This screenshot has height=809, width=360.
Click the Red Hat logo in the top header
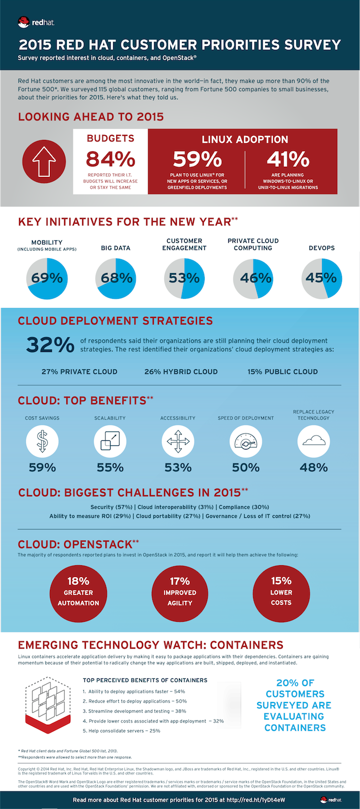(x=35, y=22)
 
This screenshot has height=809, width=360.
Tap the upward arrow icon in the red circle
(x=44, y=161)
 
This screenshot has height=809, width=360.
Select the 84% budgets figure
(x=111, y=159)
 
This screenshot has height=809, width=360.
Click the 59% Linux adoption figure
(x=197, y=159)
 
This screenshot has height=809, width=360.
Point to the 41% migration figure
(x=288, y=159)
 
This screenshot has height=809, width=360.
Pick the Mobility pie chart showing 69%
(x=47, y=278)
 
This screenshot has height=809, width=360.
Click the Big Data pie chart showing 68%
(x=116, y=278)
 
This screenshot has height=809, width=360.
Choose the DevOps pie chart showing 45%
(x=321, y=278)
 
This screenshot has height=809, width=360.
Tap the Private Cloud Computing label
(x=253, y=244)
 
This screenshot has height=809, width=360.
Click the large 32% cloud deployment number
(x=50, y=345)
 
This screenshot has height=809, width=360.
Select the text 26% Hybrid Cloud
(x=181, y=372)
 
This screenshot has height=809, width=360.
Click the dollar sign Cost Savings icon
(x=42, y=441)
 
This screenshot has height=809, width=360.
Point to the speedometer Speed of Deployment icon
(x=246, y=441)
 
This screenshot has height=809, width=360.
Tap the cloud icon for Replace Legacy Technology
(x=314, y=441)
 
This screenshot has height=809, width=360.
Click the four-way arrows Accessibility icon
(x=178, y=441)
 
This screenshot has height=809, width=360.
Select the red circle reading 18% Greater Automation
(x=78, y=592)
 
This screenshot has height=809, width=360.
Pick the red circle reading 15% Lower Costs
(x=281, y=592)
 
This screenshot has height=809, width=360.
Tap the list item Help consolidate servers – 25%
(x=122, y=731)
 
